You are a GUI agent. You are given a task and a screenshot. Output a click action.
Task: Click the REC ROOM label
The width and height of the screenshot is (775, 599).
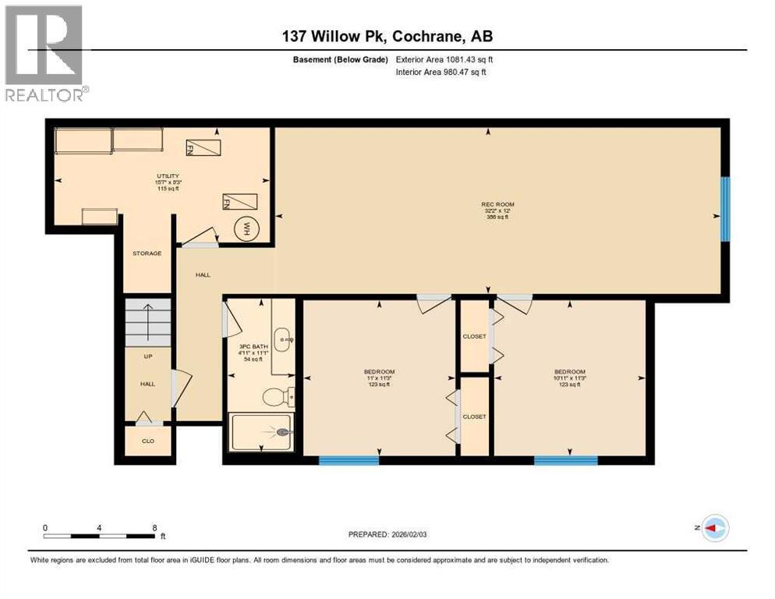click(x=497, y=205)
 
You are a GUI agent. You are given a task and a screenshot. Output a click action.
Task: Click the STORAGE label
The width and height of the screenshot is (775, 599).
click(x=146, y=253)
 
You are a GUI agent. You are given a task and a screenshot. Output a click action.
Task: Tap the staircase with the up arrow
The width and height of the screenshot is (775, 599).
click(x=148, y=321)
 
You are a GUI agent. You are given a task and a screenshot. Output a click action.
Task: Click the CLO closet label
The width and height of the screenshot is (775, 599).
click(x=147, y=441)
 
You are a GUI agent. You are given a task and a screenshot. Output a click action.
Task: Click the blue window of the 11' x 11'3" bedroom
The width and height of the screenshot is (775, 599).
click(x=349, y=460)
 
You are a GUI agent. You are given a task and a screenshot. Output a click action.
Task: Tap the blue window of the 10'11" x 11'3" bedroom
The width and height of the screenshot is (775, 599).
click(x=565, y=460)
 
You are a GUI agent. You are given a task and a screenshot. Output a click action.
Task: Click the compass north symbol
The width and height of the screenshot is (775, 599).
click(x=714, y=528)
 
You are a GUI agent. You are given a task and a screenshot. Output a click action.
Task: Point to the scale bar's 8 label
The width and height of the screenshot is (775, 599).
click(x=154, y=527)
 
